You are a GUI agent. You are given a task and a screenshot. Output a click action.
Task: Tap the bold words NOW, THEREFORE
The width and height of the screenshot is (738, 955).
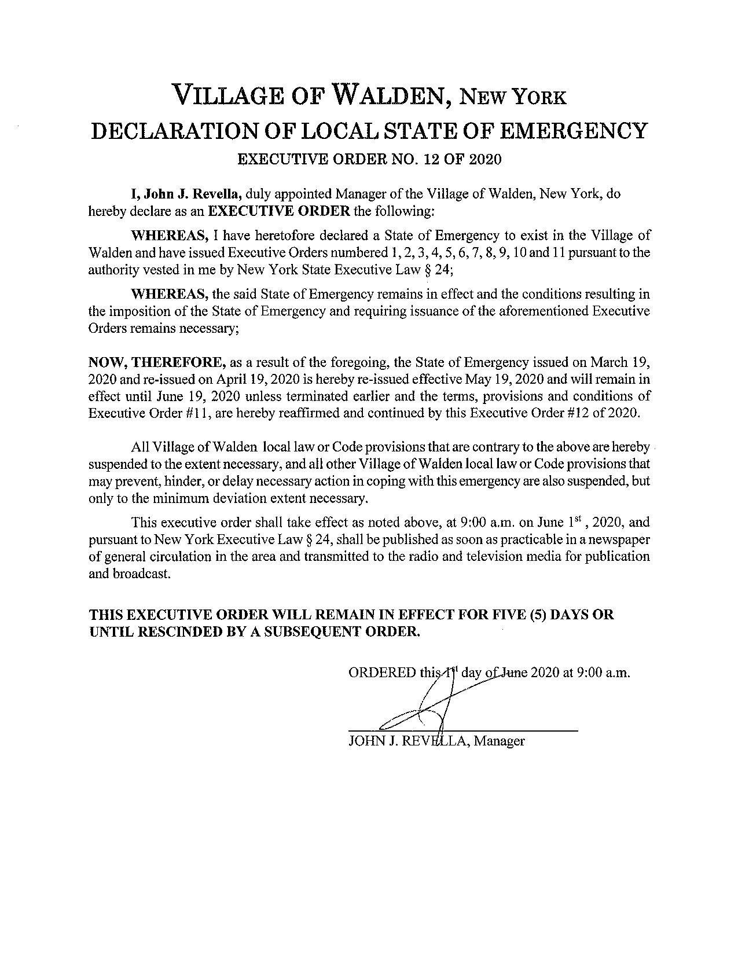[157, 363]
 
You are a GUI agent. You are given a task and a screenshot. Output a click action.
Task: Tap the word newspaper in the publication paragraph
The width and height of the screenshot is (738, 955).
[623, 540]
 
